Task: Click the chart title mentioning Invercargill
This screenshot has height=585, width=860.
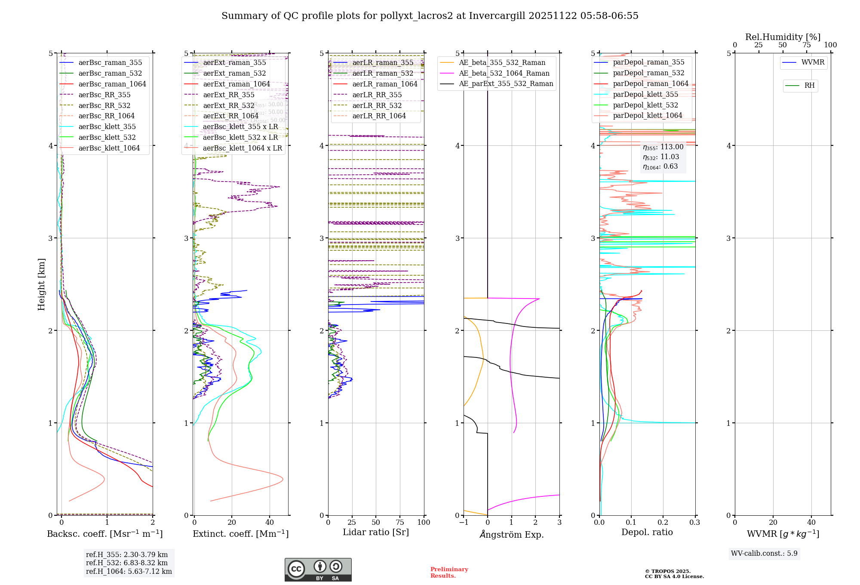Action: point(430,16)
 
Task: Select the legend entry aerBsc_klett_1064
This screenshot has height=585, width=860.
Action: point(109,148)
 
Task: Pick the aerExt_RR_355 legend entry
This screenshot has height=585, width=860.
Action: point(229,95)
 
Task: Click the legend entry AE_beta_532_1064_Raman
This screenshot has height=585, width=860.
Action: point(504,73)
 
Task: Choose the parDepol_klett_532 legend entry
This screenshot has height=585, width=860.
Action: point(645,105)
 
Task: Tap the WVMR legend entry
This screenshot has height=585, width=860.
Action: point(813,62)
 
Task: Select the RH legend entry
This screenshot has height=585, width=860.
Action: point(809,86)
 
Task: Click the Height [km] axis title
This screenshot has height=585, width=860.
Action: point(41,284)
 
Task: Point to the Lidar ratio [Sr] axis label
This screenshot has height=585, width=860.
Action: point(375,533)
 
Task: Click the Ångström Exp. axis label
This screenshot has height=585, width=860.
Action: point(512,534)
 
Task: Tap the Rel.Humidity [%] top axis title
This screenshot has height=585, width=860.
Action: point(783,37)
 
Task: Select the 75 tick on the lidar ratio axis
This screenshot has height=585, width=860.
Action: point(400,522)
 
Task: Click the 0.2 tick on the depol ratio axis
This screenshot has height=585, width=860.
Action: point(663,522)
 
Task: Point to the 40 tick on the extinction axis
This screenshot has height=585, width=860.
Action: point(270,522)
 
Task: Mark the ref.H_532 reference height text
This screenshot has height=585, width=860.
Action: point(127,563)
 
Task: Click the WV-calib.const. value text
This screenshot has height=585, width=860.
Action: point(764,553)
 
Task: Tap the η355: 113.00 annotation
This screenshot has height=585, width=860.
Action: point(663,147)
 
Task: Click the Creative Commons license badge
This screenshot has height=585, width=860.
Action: point(318,570)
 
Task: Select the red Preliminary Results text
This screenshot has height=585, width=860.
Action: point(449,573)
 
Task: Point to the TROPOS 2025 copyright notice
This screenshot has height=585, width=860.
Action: point(674,574)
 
